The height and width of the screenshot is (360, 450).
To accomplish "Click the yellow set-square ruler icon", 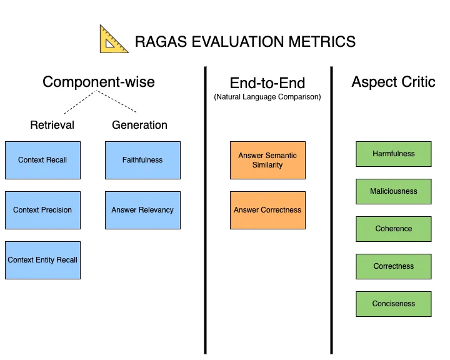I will pyautogui.click(x=114, y=39).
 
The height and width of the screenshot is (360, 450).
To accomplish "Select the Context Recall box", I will pyautogui.click(x=42, y=160).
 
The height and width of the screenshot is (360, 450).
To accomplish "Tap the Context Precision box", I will pyautogui.click(x=42, y=210).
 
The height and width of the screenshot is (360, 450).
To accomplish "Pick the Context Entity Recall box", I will pyautogui.click(x=42, y=260).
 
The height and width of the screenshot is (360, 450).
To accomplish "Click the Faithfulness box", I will pyautogui.click(x=142, y=160).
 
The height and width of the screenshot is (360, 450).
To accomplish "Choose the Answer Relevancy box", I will pyautogui.click(x=142, y=210).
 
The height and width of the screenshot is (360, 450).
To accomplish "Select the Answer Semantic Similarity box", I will pyautogui.click(x=267, y=160).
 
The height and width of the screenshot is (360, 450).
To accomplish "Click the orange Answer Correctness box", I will pyautogui.click(x=267, y=210).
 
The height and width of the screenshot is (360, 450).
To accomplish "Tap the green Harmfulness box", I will pyautogui.click(x=394, y=154).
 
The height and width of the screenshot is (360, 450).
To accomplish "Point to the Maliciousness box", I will pyautogui.click(x=394, y=191).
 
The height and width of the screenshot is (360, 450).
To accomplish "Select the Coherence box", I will pyautogui.click(x=394, y=229).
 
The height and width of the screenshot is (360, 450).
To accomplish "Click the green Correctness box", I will pyautogui.click(x=394, y=266).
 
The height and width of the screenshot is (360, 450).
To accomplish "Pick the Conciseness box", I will pyautogui.click(x=394, y=304).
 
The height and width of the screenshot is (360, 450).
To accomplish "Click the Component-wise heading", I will pyautogui.click(x=99, y=82).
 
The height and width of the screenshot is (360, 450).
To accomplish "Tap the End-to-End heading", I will pyautogui.click(x=267, y=83).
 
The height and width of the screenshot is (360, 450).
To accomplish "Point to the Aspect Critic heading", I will pyautogui.click(x=393, y=82).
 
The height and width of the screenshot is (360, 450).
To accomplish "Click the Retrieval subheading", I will pyautogui.click(x=52, y=125).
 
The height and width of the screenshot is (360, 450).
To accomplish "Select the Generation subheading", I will pyautogui.click(x=139, y=125).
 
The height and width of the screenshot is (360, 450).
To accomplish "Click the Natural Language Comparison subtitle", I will pyautogui.click(x=267, y=97).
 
